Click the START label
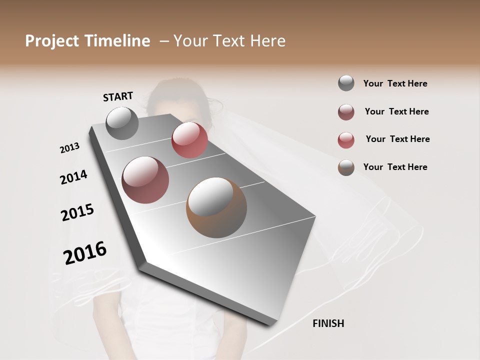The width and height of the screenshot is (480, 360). (118, 96)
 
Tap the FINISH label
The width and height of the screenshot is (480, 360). (328, 323)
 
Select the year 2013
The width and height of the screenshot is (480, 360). (69, 148)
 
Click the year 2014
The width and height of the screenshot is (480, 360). (73, 177)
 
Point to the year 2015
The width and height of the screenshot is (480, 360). (77, 212)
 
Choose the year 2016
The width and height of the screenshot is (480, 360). (85, 253)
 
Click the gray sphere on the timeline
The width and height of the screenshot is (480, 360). (122, 123)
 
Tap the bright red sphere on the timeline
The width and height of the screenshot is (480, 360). (189, 140)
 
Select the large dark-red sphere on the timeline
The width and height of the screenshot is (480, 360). (145, 179)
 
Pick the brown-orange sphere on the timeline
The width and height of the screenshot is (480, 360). (216, 207)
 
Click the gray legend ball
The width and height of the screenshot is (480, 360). (346, 83)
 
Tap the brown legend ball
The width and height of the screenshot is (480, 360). (346, 167)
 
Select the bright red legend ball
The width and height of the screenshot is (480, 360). (346, 140)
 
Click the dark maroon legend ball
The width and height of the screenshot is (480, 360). (346, 112)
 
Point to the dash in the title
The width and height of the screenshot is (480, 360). (163, 41)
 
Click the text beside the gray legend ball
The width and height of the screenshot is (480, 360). (395, 83)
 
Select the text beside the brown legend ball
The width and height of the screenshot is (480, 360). (395, 167)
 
